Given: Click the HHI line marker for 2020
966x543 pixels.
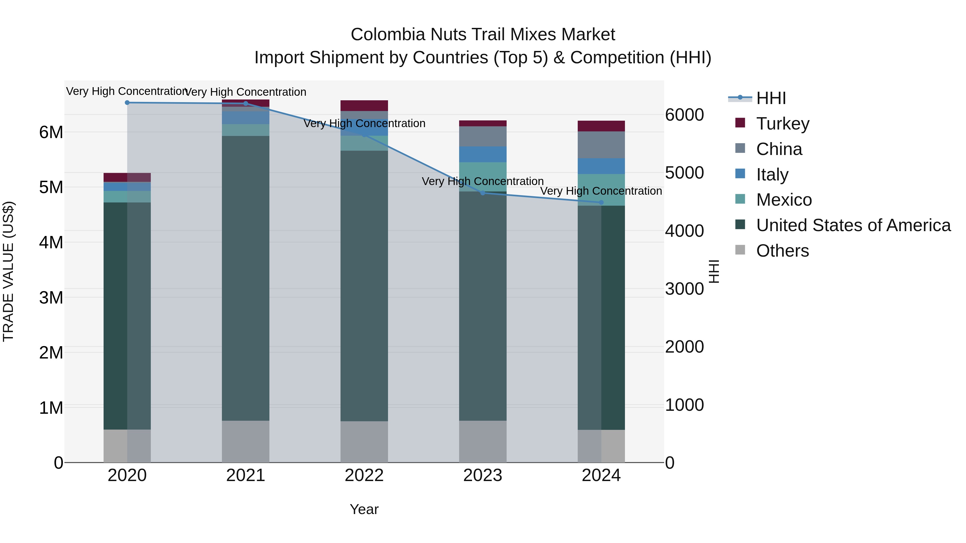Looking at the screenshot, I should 127,103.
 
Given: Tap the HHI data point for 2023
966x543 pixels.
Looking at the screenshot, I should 483,193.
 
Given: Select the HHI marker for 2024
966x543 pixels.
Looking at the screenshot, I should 601,202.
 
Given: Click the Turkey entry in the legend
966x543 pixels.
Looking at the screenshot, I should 783,123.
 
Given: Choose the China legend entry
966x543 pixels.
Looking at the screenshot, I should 779,149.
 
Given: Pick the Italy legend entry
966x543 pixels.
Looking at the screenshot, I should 772,174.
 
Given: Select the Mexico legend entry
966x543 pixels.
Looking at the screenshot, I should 784,200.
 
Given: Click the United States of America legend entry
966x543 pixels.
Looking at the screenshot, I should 853,225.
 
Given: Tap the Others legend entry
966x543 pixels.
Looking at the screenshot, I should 782,251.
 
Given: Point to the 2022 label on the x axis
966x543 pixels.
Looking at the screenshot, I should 364,475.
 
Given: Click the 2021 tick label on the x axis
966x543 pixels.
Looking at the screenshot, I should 246,475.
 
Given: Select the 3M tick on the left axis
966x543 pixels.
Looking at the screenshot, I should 51,298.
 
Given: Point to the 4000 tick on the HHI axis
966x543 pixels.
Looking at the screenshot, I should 684,231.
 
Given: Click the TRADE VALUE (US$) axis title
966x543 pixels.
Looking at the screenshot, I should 9,271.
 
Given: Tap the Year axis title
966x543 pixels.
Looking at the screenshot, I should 364,509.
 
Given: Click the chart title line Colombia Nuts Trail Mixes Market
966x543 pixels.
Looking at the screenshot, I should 483,35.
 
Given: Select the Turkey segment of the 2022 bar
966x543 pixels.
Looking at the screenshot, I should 364,106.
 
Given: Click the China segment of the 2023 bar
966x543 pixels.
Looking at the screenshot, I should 483,136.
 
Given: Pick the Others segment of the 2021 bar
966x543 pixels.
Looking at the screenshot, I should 246,441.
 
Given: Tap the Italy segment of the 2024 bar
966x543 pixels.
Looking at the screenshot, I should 601,166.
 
